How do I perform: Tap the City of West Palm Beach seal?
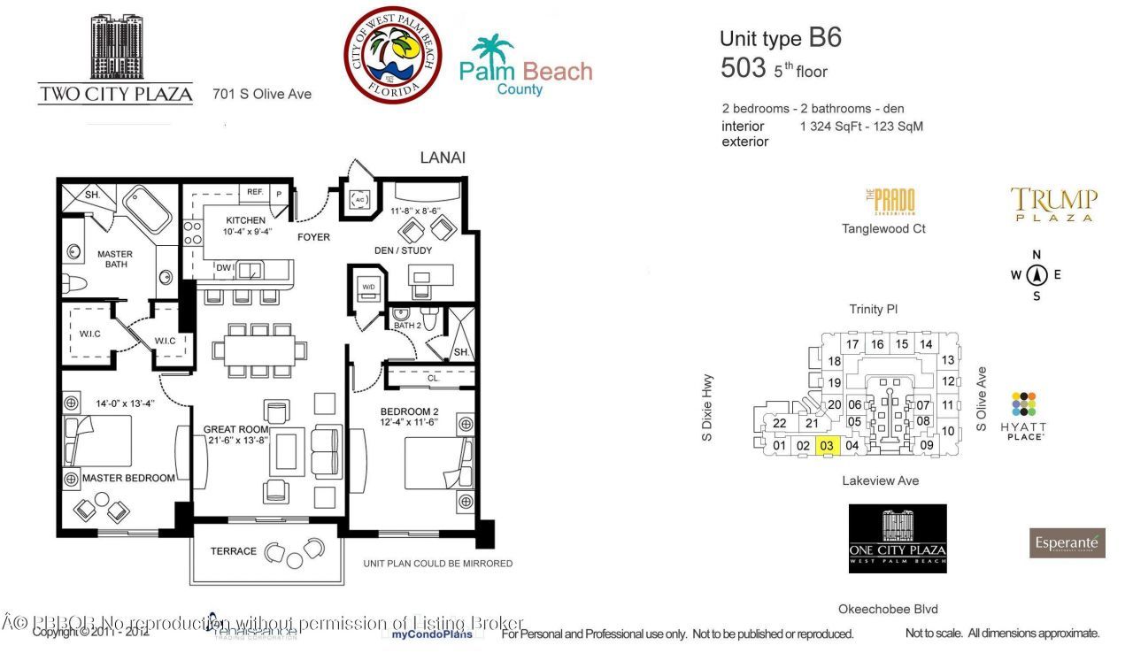[x=394, y=55]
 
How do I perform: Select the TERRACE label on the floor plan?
[x=234, y=551]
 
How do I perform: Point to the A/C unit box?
[x=359, y=199]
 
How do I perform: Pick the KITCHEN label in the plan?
[x=245, y=220]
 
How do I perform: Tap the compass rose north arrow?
[x=1036, y=274]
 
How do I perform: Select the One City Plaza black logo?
[x=898, y=538]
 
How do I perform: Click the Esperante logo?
[x=1067, y=542]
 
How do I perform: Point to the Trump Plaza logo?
[x=1053, y=204]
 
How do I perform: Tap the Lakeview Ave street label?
[x=880, y=480]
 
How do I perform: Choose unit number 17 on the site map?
[x=852, y=344]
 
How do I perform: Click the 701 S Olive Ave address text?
[x=262, y=93]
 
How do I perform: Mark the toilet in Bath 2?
[x=431, y=319]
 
